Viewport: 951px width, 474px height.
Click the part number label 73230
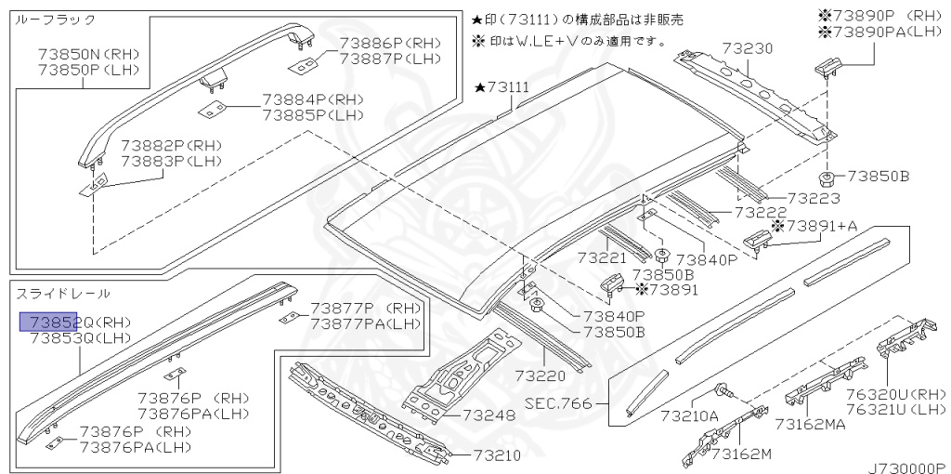(749, 49)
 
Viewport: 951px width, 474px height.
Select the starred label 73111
(502, 87)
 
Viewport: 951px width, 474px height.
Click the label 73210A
(689, 416)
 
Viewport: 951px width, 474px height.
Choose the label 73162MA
(810, 425)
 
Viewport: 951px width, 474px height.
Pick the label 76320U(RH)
(896, 393)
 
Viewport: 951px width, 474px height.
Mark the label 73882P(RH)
(172, 146)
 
